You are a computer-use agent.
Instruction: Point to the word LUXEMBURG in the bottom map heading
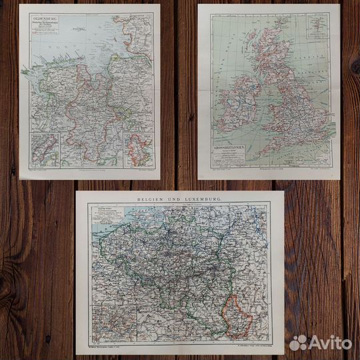(x=201, y=199)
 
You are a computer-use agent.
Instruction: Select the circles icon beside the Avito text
(x=298, y=342)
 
